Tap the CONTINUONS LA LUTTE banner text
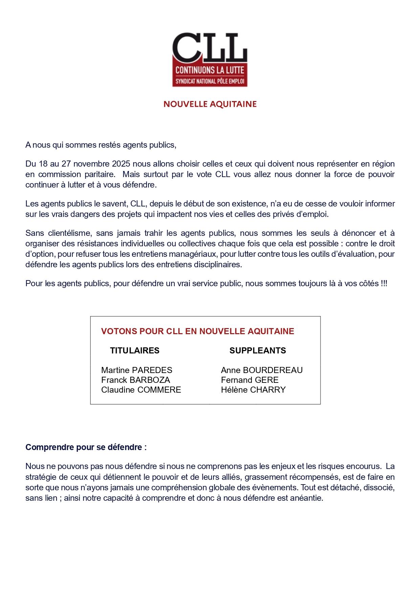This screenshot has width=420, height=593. [x=209, y=70]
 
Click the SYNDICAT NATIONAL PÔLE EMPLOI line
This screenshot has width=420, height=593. [x=209, y=81]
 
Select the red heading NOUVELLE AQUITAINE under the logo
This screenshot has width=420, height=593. [x=210, y=104]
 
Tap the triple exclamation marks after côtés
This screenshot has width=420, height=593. [x=384, y=283]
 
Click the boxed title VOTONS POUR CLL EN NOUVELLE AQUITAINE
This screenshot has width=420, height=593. [x=198, y=331]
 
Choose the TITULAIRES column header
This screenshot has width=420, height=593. [x=135, y=350]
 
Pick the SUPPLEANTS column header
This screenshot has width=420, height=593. [x=258, y=350]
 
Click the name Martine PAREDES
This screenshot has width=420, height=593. [x=137, y=370]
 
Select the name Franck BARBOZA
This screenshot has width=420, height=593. [x=135, y=380]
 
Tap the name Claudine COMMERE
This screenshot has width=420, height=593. [x=141, y=390]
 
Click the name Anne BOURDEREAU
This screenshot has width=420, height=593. [x=262, y=370]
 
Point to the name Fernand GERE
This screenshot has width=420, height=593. [x=250, y=380]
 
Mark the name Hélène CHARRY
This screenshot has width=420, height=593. [x=253, y=390]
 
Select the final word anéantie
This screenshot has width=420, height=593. [x=308, y=498]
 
